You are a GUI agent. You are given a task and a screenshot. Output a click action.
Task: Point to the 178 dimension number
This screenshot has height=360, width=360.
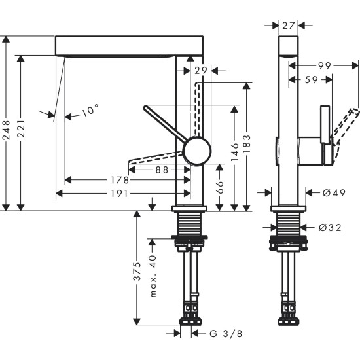coord(119,180)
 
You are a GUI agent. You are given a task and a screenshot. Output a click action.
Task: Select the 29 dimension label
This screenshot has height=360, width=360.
coord(201,70)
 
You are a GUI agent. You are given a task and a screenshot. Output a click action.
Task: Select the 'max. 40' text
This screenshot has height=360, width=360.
coord(153,276)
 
